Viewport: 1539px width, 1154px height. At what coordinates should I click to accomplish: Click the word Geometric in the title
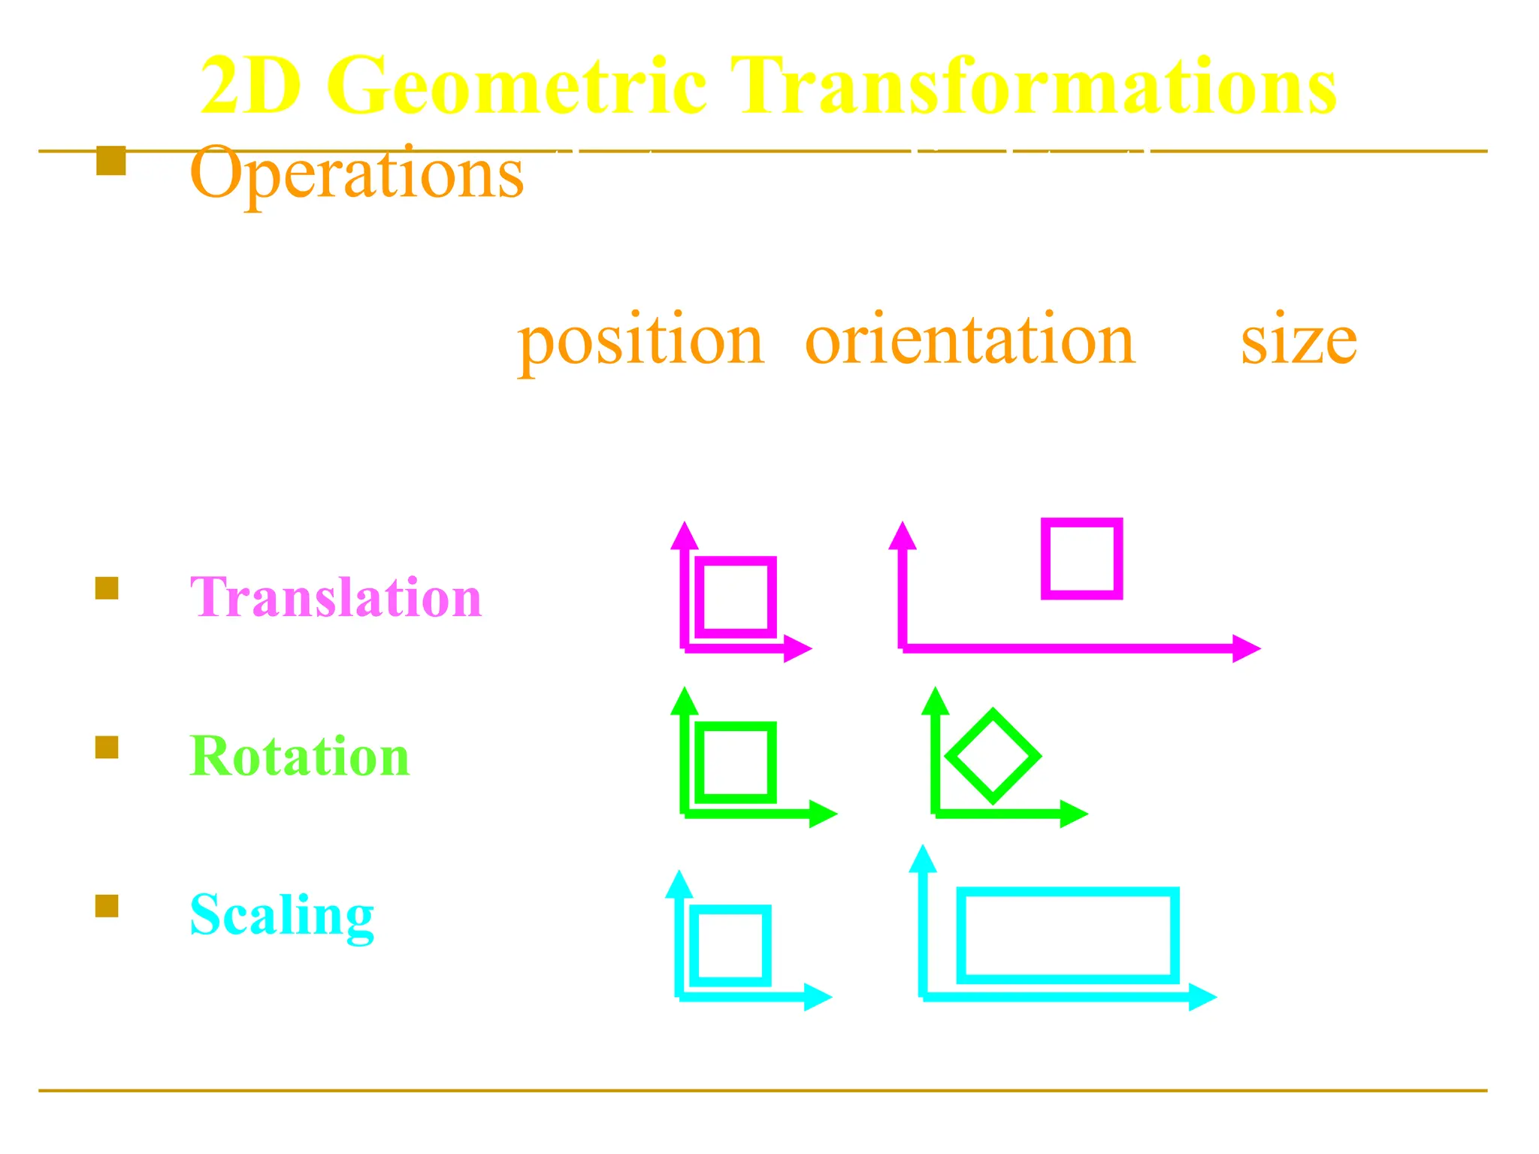point(517,86)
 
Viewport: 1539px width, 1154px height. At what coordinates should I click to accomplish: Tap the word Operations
point(356,174)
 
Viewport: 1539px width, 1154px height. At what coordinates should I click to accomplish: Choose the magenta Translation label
point(335,597)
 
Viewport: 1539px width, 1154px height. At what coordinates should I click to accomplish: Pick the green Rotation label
point(299,756)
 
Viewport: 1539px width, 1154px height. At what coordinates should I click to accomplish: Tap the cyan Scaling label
point(282,915)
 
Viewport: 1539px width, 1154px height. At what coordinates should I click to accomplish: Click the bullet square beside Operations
point(110,161)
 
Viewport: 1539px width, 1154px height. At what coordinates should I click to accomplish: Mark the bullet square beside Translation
point(107,588)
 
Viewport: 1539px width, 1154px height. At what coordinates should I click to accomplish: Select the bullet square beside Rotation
point(107,748)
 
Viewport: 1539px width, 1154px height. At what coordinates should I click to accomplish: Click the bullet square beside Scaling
point(107,906)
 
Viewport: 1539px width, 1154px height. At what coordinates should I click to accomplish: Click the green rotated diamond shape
point(993,756)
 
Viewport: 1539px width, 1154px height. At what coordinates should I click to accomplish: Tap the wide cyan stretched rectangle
point(1067,935)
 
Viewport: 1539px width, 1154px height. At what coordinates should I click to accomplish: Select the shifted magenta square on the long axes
point(1081,558)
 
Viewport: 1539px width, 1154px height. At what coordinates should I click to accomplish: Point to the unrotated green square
point(735,763)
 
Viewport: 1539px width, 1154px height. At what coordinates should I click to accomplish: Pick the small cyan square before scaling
point(730,945)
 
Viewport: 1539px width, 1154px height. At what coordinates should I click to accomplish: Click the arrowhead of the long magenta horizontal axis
point(1247,648)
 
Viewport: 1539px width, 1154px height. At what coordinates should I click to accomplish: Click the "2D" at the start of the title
point(251,86)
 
